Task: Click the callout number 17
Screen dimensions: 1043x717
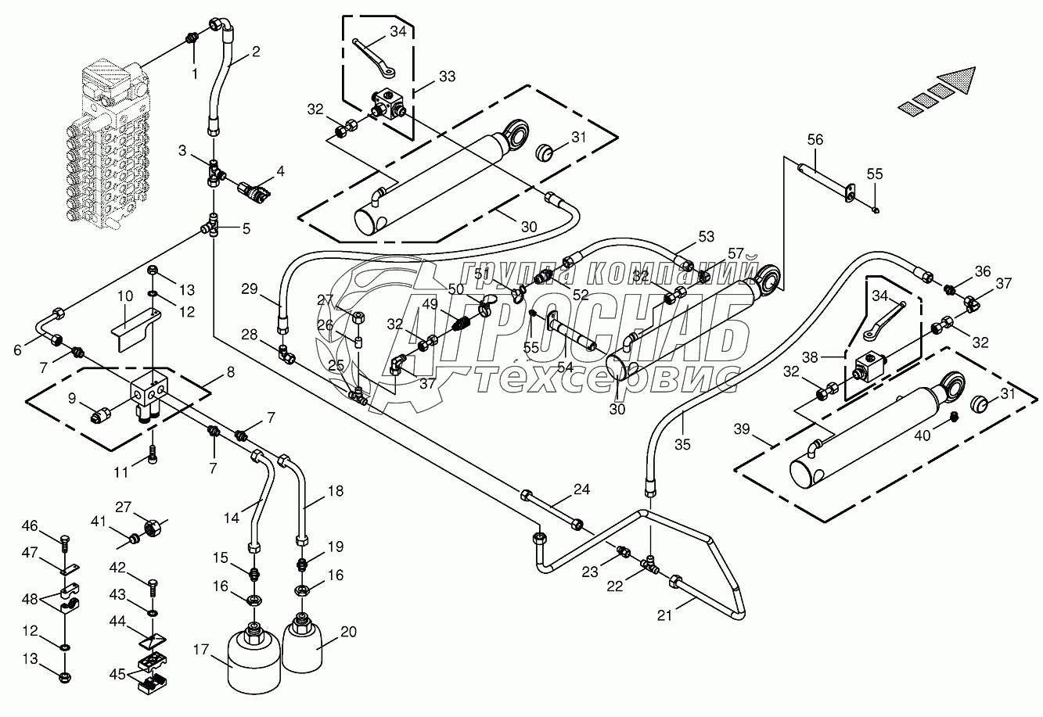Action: (200, 650)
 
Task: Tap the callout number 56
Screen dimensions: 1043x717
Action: (815, 140)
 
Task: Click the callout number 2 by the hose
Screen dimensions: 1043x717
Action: (256, 52)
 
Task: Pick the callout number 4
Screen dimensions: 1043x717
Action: (280, 171)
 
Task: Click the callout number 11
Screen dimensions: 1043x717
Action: (121, 473)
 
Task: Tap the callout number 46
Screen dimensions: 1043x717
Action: (30, 525)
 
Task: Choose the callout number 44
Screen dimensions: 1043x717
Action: (117, 621)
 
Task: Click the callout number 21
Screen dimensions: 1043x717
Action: (664, 615)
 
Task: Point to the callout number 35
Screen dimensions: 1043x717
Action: (682, 445)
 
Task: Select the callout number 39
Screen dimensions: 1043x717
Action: (742, 428)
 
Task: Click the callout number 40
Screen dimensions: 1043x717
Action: (923, 436)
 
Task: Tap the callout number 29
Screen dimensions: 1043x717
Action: (250, 289)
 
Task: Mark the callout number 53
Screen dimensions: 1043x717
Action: (707, 236)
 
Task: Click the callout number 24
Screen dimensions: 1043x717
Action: (581, 489)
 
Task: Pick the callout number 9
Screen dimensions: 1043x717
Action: (72, 398)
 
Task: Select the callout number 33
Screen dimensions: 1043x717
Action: (447, 77)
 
